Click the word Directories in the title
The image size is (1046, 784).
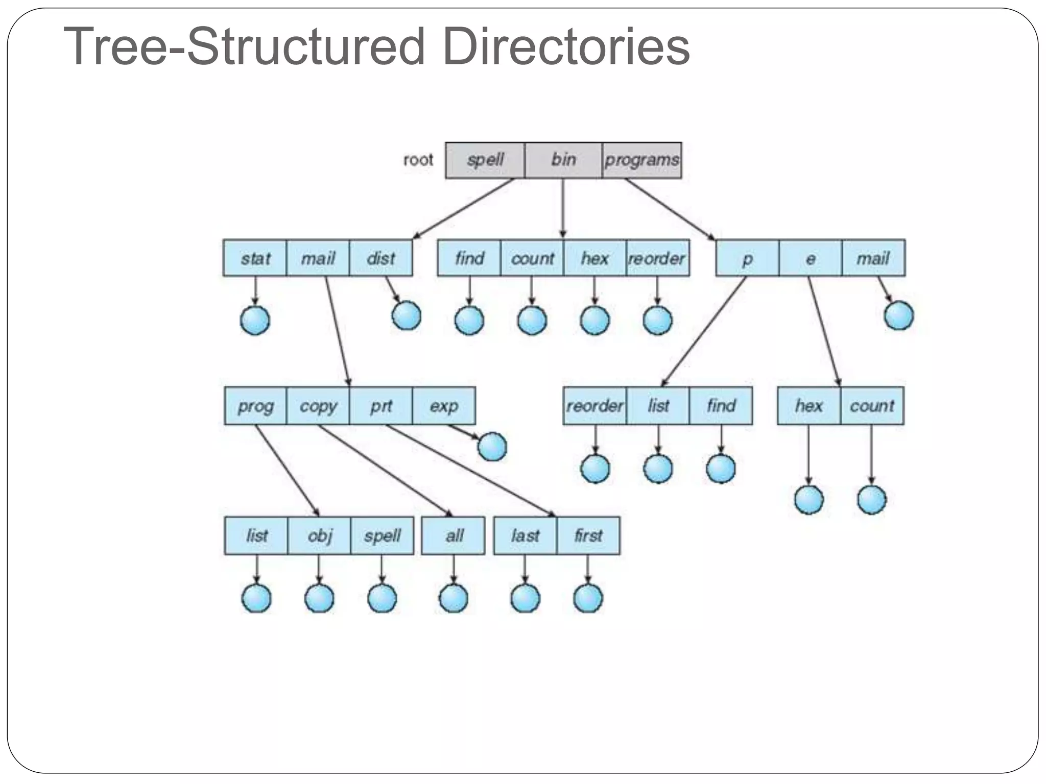point(566,47)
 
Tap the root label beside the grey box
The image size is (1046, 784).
point(418,160)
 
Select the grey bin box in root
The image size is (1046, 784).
point(563,160)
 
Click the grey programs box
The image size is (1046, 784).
point(641,160)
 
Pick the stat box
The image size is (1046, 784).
point(255,258)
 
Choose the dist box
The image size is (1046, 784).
point(381,258)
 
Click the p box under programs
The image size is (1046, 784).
point(747,258)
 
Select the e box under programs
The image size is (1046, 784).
point(810,258)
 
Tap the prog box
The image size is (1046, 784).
point(255,406)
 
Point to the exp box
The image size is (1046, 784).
point(443,406)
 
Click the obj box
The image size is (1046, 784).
point(319,535)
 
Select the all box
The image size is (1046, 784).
point(454,535)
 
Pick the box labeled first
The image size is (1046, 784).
point(588,535)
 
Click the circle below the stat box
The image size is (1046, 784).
point(255,321)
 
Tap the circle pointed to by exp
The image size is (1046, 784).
point(492,447)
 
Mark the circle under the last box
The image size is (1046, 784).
point(525,598)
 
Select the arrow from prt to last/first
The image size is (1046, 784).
point(470,470)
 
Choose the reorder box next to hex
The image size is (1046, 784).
point(657,258)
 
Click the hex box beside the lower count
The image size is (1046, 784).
point(809,406)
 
